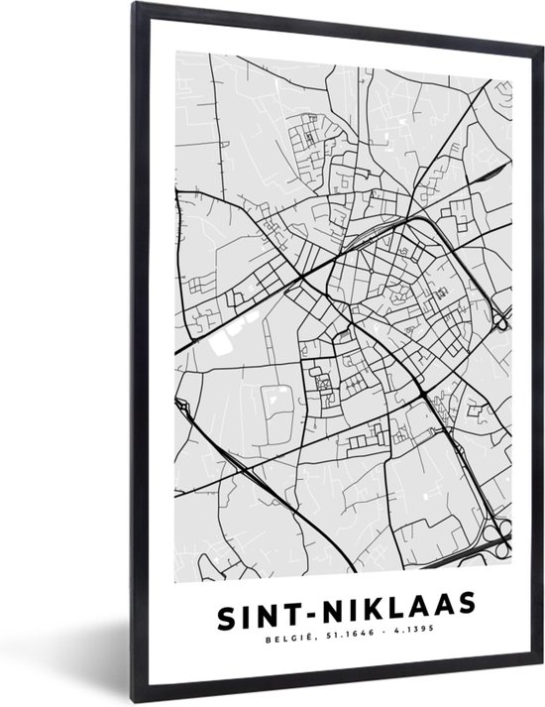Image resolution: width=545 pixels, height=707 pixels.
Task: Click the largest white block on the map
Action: click(220, 341)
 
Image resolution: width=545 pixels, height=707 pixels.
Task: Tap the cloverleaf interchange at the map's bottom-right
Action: click(491, 540)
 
